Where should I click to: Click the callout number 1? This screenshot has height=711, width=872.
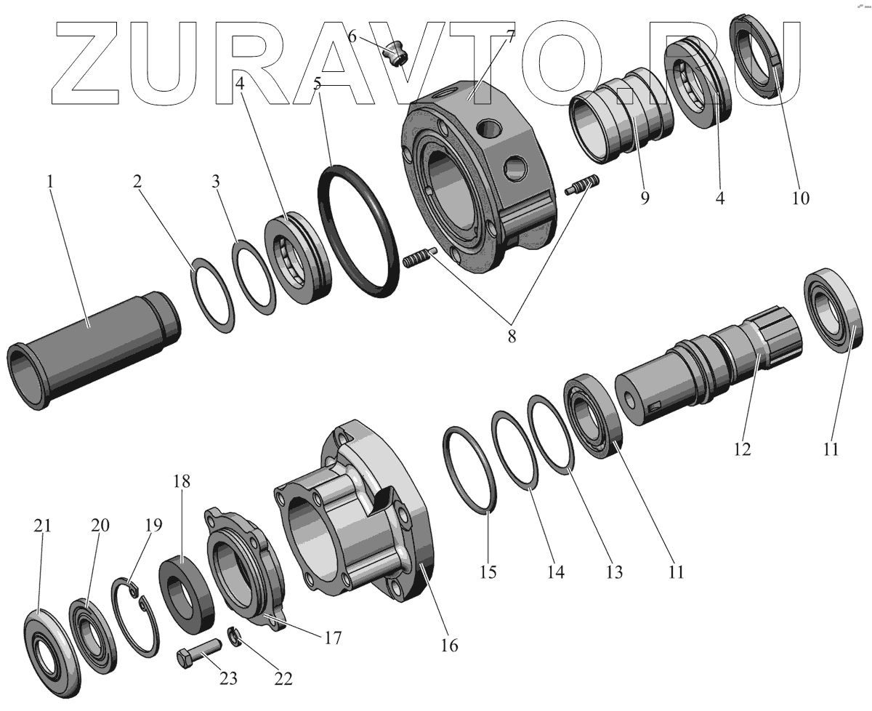tap(50, 182)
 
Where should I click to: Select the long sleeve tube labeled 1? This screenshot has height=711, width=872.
tap(93, 350)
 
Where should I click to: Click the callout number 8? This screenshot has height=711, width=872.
tap(512, 337)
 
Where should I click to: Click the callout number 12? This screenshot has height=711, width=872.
tap(742, 449)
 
